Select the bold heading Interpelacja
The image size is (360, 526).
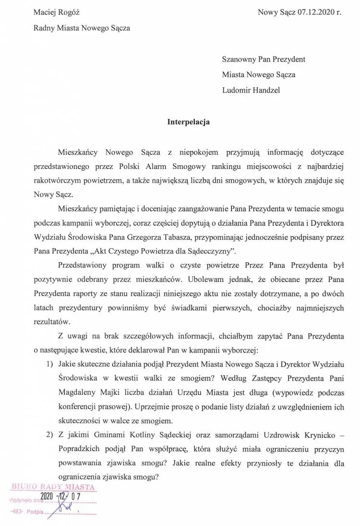click(x=188, y=122)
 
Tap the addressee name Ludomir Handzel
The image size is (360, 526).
click(x=251, y=90)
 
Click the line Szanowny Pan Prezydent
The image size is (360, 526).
click(x=264, y=60)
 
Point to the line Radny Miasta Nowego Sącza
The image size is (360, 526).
click(x=82, y=28)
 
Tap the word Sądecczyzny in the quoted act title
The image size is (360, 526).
click(x=206, y=251)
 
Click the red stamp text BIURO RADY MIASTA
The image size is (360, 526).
click(x=53, y=487)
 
